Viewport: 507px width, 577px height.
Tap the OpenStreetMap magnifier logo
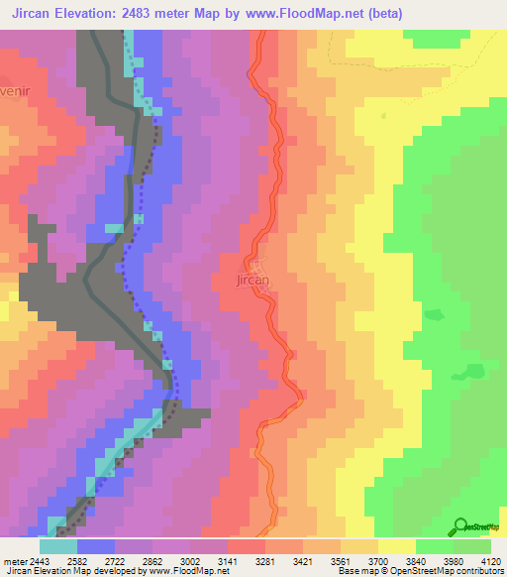pyautogui.click(x=461, y=527)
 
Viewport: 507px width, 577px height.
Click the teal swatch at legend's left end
pyautogui.click(x=57, y=546)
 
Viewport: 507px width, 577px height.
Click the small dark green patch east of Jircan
pyautogui.click(x=434, y=315)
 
